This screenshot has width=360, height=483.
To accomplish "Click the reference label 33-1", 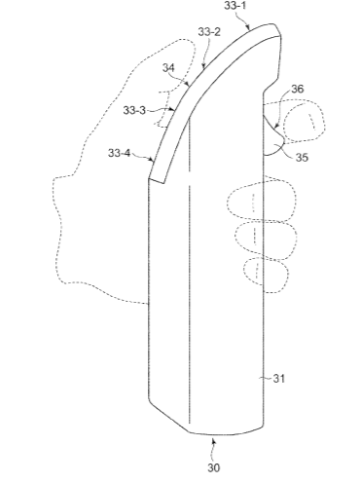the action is (x=234, y=6).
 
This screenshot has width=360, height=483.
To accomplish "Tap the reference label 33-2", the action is (x=209, y=32).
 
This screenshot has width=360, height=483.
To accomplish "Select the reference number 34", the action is (x=168, y=68).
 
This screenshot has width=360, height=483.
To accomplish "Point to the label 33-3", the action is (x=134, y=110).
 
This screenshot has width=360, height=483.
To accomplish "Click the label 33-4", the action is (x=119, y=153).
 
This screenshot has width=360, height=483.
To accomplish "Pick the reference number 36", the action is (x=297, y=89).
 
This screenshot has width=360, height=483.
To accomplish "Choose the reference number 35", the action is (x=302, y=157).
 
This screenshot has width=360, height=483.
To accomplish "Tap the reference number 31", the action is (x=279, y=378).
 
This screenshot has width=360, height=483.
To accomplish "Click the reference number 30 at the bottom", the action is (x=214, y=467).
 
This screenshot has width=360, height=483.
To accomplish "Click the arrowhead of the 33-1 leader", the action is (x=248, y=27).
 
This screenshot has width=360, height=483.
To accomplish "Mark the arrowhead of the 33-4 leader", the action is (x=151, y=160).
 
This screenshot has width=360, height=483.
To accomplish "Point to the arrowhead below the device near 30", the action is (x=213, y=440).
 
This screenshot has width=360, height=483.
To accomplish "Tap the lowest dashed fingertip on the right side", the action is (x=266, y=275).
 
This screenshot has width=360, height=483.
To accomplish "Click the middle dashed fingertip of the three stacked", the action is (x=266, y=241).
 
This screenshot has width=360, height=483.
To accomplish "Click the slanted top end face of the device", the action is (x=276, y=30).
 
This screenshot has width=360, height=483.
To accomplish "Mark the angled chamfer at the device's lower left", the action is (x=168, y=416).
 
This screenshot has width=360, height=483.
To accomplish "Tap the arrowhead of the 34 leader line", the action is (x=188, y=85).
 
